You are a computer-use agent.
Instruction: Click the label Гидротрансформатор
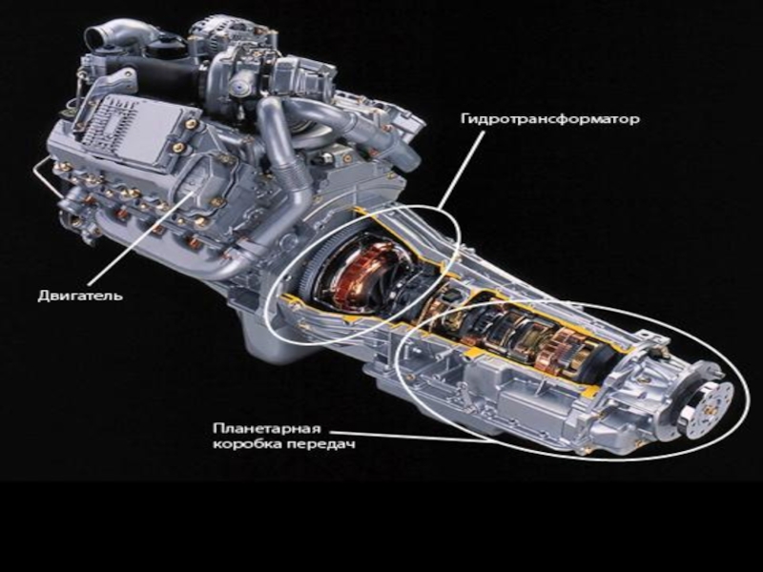point(550,119)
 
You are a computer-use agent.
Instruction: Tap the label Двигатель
point(80,296)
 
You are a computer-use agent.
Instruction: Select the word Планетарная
point(267,428)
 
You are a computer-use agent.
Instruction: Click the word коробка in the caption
point(247,444)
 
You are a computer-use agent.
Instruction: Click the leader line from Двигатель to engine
point(141,237)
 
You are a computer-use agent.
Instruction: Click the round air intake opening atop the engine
point(98,36)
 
